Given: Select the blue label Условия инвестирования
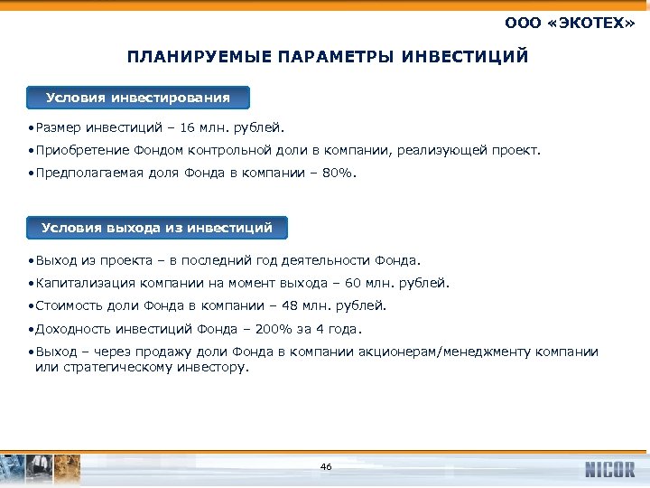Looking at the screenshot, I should [138, 98].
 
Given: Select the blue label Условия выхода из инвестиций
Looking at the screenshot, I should [157, 228].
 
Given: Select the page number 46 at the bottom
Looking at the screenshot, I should [326, 466].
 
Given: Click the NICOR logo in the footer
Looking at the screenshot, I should [609, 468].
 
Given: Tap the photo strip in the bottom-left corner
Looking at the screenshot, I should [41, 468].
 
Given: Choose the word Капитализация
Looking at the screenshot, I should [78, 283].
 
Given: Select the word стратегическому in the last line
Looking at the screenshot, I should [111, 368].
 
